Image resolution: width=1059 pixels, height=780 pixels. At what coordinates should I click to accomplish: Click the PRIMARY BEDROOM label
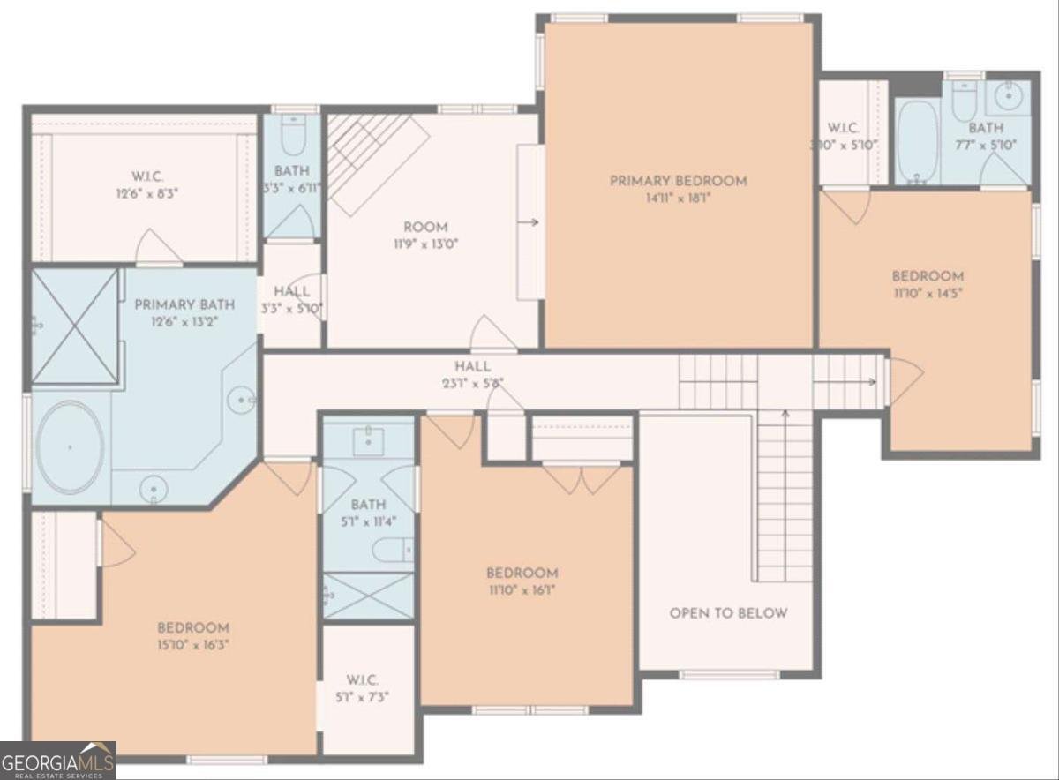click(x=678, y=181)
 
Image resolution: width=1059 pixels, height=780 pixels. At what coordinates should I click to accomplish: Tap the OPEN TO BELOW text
click(x=728, y=613)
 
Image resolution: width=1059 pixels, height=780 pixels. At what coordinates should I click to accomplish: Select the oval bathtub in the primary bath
click(x=70, y=447)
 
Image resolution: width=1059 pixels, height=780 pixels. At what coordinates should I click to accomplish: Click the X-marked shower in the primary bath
click(x=75, y=326)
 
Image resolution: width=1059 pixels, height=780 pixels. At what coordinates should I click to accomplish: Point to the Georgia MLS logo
click(x=58, y=761)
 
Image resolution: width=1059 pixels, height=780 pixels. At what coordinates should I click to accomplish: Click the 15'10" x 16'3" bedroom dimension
click(x=193, y=644)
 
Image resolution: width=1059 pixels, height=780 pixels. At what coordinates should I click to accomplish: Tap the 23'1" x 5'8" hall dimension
click(x=472, y=383)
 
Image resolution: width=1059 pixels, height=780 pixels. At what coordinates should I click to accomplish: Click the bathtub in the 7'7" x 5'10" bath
click(x=917, y=141)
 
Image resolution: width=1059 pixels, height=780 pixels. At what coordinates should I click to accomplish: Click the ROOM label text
click(x=426, y=227)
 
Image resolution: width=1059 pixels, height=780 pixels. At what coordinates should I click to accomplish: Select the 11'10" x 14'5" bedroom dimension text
click(x=928, y=293)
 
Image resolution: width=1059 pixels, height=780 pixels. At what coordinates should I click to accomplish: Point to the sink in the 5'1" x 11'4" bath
click(x=368, y=441)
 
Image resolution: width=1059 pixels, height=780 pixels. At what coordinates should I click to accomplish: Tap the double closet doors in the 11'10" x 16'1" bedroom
click(x=582, y=480)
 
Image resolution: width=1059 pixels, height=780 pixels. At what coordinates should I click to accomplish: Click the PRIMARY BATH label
click(x=184, y=305)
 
